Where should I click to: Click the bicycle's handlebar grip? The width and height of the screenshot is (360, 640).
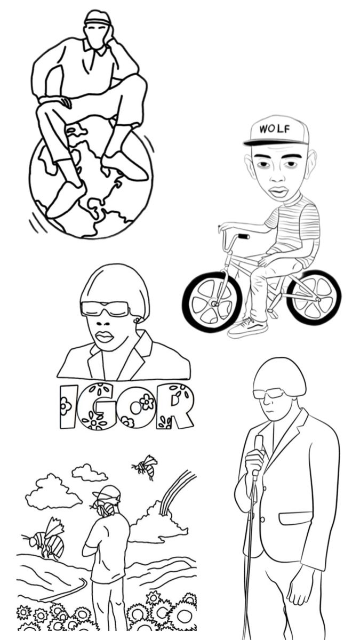tap(243, 236)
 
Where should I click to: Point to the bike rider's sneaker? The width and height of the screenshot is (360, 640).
tap(247, 327)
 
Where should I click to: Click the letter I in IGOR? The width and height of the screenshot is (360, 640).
tap(66, 406)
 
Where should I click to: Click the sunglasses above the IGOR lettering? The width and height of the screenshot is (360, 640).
tap(105, 308)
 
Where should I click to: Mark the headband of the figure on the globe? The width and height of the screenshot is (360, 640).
tap(97, 21)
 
